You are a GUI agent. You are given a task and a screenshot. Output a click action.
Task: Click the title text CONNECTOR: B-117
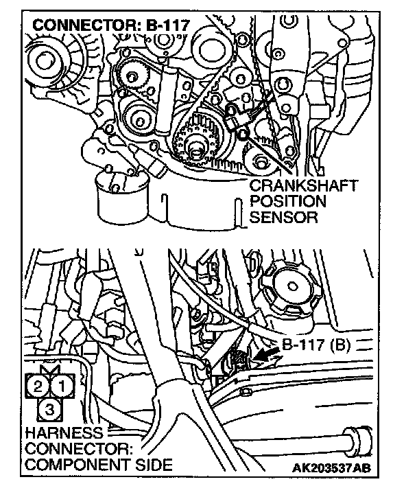pyautogui.click(x=110, y=25)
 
